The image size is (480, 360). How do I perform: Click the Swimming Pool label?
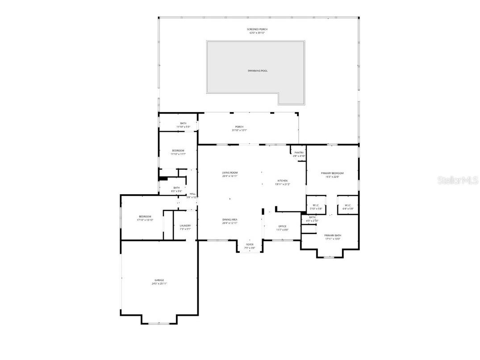(258, 71)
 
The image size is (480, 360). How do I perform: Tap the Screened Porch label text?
(257, 29)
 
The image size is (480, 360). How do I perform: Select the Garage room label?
(159, 280)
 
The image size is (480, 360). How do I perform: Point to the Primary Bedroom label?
(332, 173)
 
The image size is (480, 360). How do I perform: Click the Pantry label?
(299, 153)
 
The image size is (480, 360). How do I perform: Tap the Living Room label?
(230, 173)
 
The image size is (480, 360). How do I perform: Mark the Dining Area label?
(230, 220)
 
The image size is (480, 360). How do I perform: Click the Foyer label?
(250, 245)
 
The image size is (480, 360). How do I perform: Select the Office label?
(282, 226)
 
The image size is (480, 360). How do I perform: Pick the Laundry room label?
(185, 226)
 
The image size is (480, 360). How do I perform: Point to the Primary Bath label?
(332, 235)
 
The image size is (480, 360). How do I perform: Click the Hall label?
(192, 194)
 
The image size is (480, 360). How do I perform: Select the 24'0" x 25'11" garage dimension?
(159, 284)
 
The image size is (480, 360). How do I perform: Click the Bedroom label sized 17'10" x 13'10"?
(145, 217)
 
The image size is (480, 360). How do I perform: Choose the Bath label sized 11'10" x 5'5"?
(183, 123)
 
